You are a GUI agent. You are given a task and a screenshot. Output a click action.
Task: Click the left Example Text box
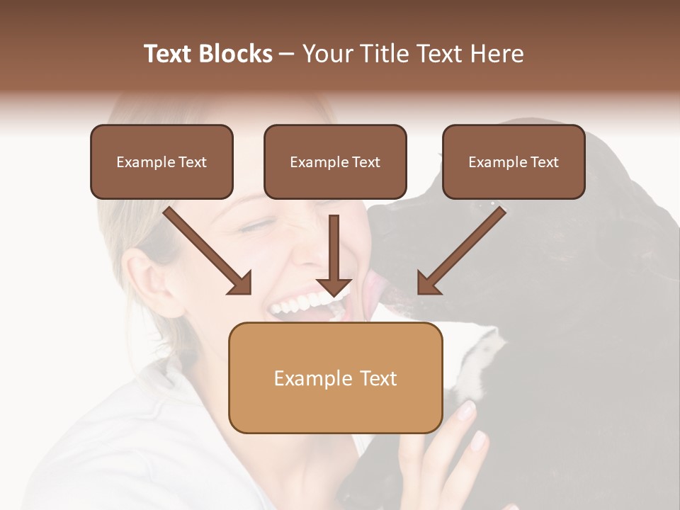click(161, 161)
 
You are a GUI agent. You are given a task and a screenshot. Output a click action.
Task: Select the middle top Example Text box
click(335, 161)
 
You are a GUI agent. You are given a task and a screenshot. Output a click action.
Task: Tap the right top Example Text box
click(514, 161)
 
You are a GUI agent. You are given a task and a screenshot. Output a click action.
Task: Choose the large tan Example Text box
click(335, 378)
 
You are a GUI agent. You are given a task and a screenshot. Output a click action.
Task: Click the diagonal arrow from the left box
click(207, 250)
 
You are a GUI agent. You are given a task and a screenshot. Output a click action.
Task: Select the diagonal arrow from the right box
click(462, 250)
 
